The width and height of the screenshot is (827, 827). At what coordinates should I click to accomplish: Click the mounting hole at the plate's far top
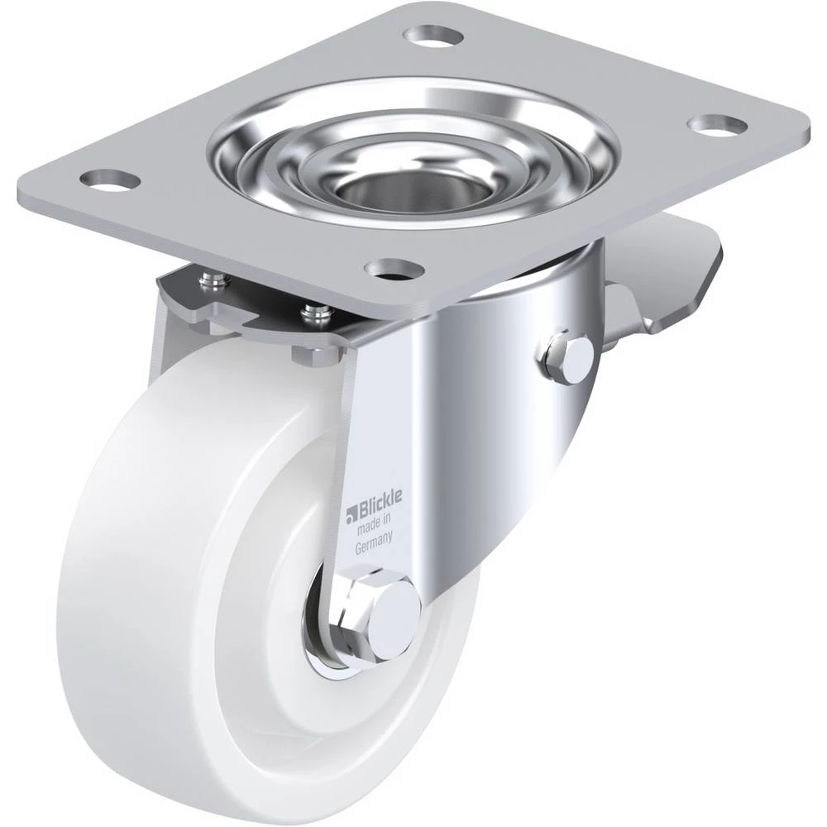pyautogui.click(x=433, y=36)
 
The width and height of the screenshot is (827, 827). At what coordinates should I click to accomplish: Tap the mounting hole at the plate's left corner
pyautogui.click(x=110, y=179)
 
